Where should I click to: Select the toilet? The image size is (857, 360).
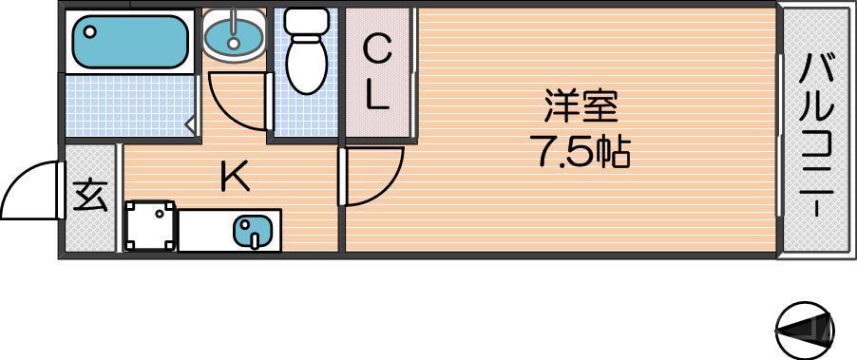pos(306,62)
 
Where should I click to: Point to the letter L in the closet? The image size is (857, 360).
pos(377,98)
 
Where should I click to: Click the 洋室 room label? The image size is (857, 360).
pos(581,106)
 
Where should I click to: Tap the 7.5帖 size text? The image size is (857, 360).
pos(583,153)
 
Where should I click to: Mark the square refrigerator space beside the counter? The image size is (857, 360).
pos(150,226)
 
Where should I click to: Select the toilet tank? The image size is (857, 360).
pos(306,20)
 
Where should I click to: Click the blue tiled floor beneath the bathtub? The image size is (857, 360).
pos(128,107)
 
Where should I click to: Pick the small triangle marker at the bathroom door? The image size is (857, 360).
pos(191,123)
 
